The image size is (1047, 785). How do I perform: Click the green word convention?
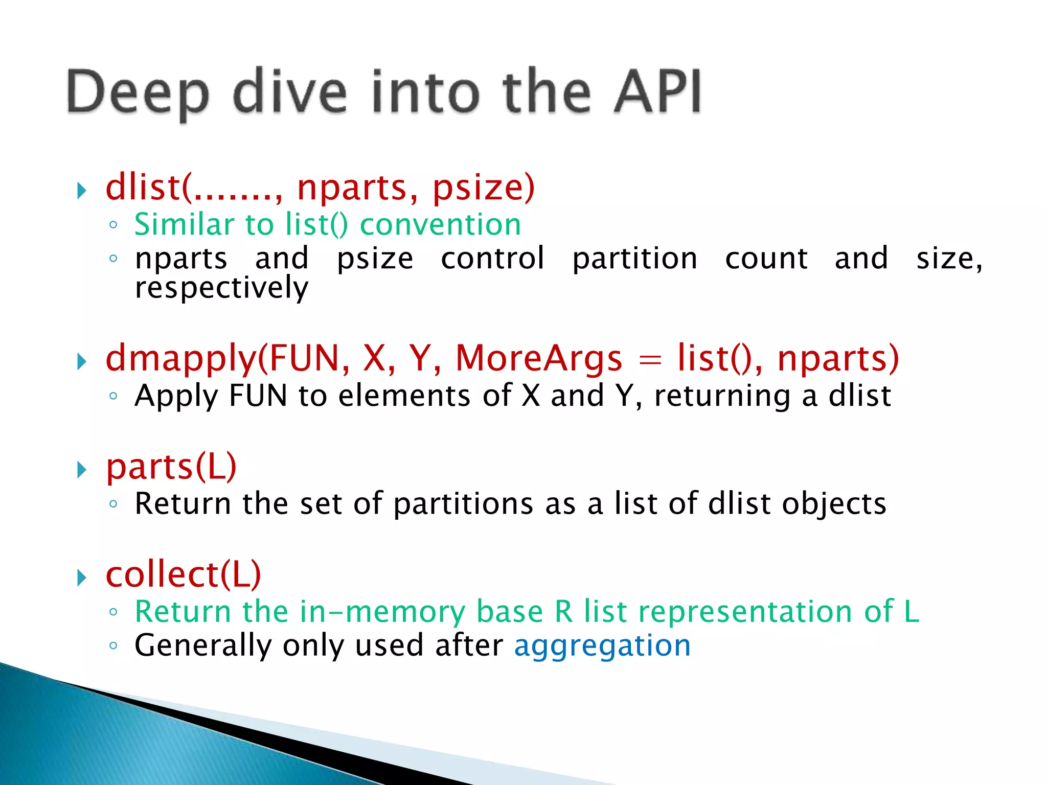[x=440, y=224]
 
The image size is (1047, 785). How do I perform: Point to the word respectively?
[x=221, y=288]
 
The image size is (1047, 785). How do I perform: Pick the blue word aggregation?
[x=602, y=645]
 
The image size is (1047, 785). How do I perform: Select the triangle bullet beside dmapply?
[x=82, y=361]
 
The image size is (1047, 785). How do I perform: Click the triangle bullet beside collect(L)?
[x=82, y=578]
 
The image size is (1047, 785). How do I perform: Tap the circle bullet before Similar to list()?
[x=113, y=225]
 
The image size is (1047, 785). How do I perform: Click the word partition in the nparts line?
[x=634, y=259]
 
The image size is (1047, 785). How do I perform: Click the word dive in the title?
[x=289, y=92]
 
